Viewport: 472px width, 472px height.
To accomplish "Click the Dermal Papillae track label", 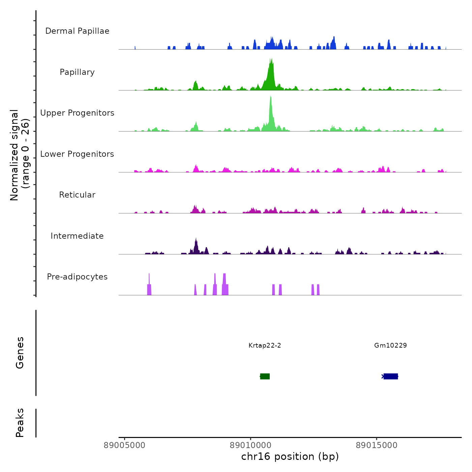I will (x=77, y=31).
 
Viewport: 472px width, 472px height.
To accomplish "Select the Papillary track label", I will (x=77, y=72).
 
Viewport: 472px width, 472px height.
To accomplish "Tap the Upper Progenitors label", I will (x=77, y=113).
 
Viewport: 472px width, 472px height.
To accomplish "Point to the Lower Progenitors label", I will (x=77, y=154).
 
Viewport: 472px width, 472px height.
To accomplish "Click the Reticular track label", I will (x=77, y=195).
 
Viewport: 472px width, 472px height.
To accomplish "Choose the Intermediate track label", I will (x=77, y=236).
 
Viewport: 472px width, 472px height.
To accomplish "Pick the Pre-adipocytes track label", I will (x=77, y=277).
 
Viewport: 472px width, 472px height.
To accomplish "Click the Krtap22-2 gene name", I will (x=265, y=345).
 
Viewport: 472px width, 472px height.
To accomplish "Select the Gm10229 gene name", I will (x=390, y=345).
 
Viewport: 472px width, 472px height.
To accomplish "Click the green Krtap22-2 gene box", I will (x=265, y=376).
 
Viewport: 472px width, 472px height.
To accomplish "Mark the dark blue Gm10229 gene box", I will (x=391, y=376).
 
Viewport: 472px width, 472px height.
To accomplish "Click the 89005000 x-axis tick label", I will (x=124, y=445).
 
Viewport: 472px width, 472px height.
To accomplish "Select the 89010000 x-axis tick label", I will (x=250, y=445).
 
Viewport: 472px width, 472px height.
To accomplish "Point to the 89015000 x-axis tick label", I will (x=377, y=445).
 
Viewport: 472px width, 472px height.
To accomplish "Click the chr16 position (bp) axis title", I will (x=290, y=456).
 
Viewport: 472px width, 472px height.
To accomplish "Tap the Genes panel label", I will (x=20, y=353).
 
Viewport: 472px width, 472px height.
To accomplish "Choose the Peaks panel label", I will (x=20, y=423).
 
